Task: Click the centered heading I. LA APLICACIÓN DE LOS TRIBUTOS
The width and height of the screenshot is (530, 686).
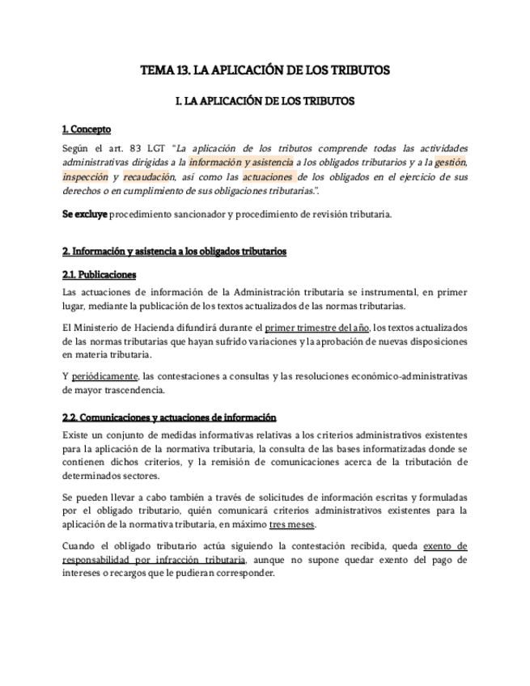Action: click(265, 103)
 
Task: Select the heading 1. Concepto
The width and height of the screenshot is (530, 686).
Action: click(87, 129)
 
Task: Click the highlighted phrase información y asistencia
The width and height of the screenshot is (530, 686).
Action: click(240, 163)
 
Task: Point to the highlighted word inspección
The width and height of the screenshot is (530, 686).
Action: click(85, 176)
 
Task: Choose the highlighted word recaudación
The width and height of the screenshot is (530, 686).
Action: click(148, 176)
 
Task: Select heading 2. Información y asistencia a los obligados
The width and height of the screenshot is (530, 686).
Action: click(174, 252)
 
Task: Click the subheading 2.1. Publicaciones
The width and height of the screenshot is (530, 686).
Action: click(99, 274)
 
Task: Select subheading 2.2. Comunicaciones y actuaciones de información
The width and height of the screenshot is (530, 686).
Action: click(169, 417)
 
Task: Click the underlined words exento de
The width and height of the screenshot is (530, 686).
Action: click(439, 546)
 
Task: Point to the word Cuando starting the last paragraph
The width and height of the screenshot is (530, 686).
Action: click(80, 546)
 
